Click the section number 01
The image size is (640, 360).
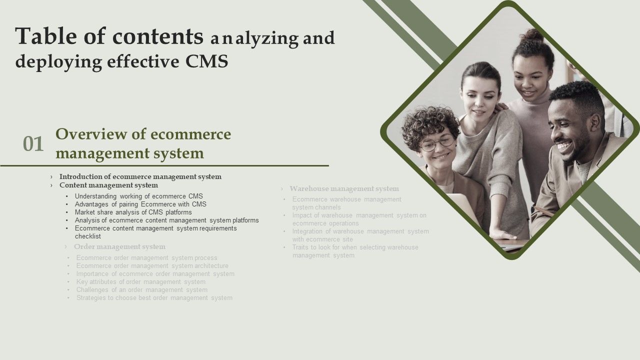click(x=33, y=144)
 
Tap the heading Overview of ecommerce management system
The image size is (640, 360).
click(x=143, y=143)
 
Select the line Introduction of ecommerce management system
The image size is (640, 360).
click(x=140, y=176)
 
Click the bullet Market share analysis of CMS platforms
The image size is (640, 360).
click(x=133, y=212)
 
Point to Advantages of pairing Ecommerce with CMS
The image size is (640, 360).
click(x=140, y=204)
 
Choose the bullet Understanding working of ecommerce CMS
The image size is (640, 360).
click(x=139, y=196)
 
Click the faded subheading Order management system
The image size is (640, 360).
click(x=119, y=246)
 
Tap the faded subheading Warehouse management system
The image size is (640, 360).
click(x=344, y=188)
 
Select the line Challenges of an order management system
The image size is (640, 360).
click(x=141, y=290)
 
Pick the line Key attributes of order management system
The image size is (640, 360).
click(x=140, y=282)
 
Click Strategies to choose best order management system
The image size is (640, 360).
click(x=154, y=298)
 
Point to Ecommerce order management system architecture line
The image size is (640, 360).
click(x=152, y=266)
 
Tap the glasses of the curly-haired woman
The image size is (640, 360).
click(x=437, y=143)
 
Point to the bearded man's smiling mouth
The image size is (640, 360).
click(x=564, y=146)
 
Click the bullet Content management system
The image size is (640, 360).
click(x=108, y=185)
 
